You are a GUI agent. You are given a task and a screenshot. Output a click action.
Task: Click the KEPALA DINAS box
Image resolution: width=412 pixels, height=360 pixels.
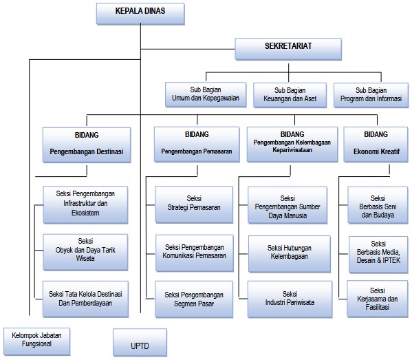pyautogui.click(x=140, y=14)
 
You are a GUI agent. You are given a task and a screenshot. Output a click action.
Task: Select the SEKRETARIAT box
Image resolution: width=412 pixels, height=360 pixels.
pyautogui.click(x=288, y=49)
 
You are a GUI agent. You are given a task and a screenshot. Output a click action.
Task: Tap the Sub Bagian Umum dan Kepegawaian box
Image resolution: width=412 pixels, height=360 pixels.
pyautogui.click(x=206, y=94)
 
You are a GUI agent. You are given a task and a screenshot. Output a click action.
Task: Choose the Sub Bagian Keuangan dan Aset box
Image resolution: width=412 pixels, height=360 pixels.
pyautogui.click(x=290, y=95)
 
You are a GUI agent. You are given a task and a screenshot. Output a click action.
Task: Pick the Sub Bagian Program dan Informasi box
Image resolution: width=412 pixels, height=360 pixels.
pyautogui.click(x=371, y=95)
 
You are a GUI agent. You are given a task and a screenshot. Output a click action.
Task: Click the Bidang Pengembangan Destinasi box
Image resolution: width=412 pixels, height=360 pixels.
pyautogui.click(x=87, y=145)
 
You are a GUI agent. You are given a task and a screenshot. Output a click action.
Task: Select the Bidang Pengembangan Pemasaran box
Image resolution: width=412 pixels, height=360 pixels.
pyautogui.click(x=197, y=145)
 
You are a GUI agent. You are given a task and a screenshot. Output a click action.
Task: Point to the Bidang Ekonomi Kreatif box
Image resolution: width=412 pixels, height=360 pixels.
pyautogui.click(x=376, y=145)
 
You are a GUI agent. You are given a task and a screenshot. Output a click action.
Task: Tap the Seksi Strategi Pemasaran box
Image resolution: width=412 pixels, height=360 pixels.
pyautogui.click(x=194, y=205)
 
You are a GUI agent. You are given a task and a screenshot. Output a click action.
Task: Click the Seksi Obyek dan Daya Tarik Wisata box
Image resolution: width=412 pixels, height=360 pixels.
pyautogui.click(x=85, y=252)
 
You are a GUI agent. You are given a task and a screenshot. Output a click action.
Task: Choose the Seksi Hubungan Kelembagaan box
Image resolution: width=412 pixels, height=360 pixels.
pyautogui.click(x=290, y=254)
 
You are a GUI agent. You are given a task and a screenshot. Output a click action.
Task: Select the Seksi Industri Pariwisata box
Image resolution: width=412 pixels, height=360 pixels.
pyautogui.click(x=290, y=299)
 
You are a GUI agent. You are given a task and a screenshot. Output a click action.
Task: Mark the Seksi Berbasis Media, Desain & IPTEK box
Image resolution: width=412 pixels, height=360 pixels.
pyautogui.click(x=378, y=255)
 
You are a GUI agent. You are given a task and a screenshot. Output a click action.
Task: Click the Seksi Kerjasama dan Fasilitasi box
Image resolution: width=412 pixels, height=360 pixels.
pyautogui.click(x=378, y=299)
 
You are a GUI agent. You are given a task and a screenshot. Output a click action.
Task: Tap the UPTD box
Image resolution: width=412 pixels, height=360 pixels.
pyautogui.click(x=140, y=342)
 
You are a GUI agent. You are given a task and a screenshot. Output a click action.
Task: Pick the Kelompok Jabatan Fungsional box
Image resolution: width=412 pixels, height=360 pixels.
pyautogui.click(x=36, y=341)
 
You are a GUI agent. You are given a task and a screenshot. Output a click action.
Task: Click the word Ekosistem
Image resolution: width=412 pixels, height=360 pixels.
pyautogui.click(x=85, y=213)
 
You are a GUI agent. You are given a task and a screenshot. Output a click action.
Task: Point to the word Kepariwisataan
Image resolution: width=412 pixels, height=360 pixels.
pyautogui.click(x=292, y=150)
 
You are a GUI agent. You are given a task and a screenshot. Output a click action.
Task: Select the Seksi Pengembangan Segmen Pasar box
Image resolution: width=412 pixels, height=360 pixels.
pyautogui.click(x=194, y=299)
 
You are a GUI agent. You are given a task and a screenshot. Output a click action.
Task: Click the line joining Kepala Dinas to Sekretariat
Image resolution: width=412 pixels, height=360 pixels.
pyautogui.click(x=188, y=49)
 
